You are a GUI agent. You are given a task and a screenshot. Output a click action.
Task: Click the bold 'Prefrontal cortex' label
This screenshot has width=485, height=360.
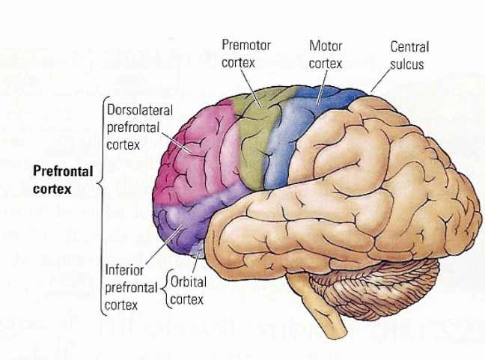coord(63,180)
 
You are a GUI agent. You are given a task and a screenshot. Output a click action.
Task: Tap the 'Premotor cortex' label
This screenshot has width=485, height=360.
coord(245,55)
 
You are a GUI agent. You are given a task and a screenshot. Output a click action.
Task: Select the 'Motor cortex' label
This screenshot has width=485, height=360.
coord(326,55)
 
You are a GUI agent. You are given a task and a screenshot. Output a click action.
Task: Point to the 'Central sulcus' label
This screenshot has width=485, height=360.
coord(409,55)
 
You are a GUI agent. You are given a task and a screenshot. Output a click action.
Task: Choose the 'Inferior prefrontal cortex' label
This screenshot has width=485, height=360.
coord(129,285)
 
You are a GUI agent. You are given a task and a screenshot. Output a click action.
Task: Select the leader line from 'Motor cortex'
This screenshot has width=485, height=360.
coord(323,86)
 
